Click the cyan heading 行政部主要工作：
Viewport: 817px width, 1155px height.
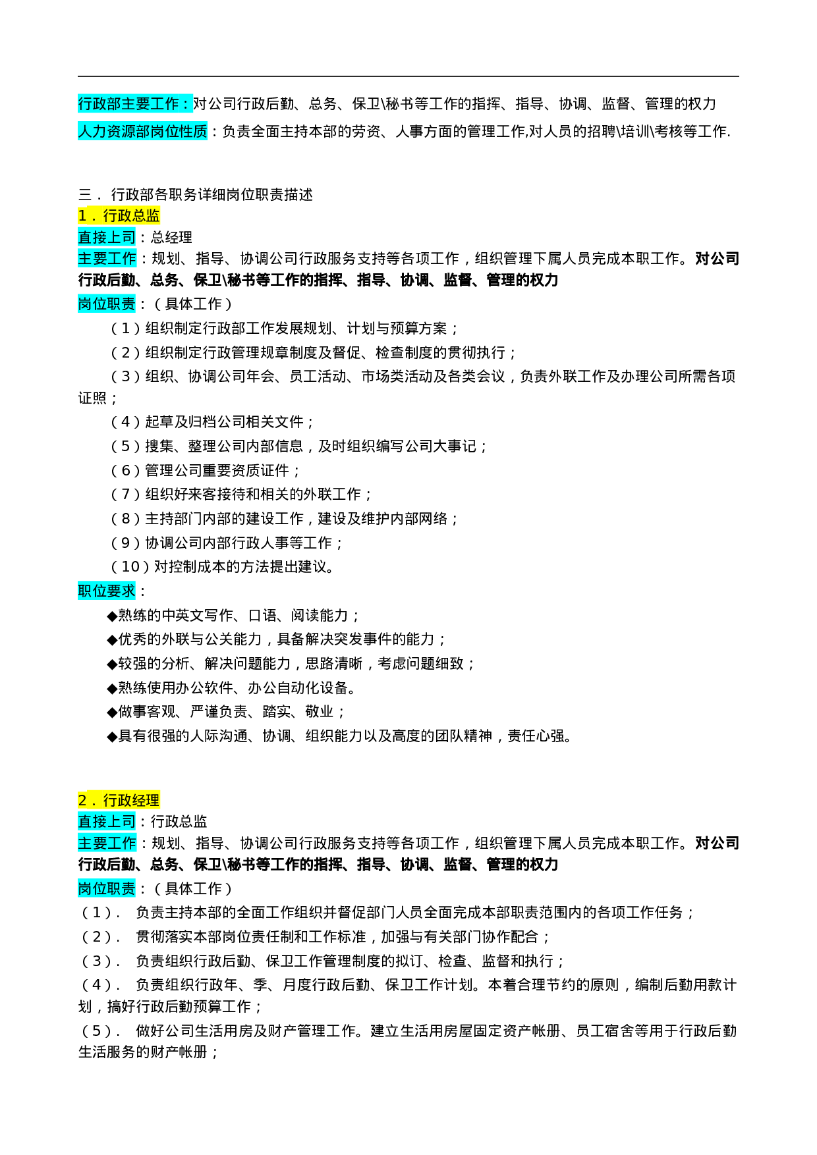pos(135,104)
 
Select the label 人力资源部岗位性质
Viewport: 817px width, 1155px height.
pos(142,131)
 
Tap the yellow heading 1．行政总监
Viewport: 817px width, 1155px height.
pos(119,215)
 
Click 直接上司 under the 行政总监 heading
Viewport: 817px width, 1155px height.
pos(107,237)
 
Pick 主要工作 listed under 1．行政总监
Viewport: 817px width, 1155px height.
pos(107,258)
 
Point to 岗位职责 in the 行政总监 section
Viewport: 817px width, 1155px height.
pos(107,304)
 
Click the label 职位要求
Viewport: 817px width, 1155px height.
pos(107,591)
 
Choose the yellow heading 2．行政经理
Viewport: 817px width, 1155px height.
pos(119,800)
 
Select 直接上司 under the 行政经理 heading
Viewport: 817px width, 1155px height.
pos(107,821)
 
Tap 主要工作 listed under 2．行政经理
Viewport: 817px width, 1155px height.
pos(107,843)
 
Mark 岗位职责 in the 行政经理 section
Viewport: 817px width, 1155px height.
pos(107,888)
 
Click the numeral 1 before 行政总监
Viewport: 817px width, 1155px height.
pos(82,215)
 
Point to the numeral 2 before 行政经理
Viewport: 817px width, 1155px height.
pos(82,800)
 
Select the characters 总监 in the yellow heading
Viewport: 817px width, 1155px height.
pos(146,215)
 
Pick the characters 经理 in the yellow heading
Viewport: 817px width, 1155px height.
pos(146,800)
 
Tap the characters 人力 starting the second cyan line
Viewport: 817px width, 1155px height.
pos(92,131)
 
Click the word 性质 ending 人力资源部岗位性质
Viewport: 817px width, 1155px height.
pos(193,131)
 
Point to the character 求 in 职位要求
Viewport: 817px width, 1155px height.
pos(128,591)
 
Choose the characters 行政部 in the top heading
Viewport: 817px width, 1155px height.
pos(99,104)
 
